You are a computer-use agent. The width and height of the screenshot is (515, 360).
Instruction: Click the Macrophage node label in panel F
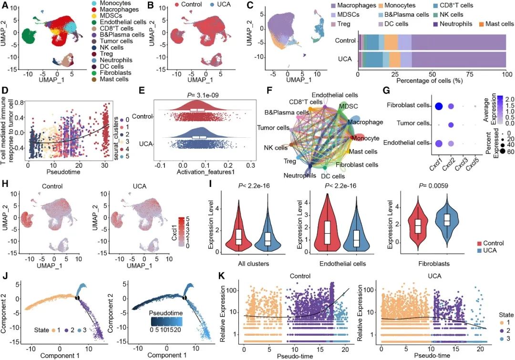[x=366, y=122]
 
